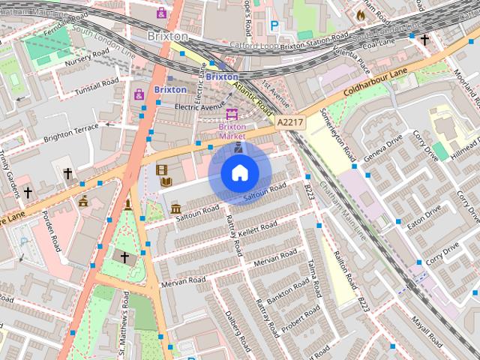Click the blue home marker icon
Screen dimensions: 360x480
(x=239, y=173)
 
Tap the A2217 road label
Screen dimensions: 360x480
(x=289, y=121)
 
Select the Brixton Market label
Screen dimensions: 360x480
(x=232, y=131)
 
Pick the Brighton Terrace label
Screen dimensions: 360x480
(x=71, y=133)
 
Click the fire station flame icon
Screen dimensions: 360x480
(x=360, y=13)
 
